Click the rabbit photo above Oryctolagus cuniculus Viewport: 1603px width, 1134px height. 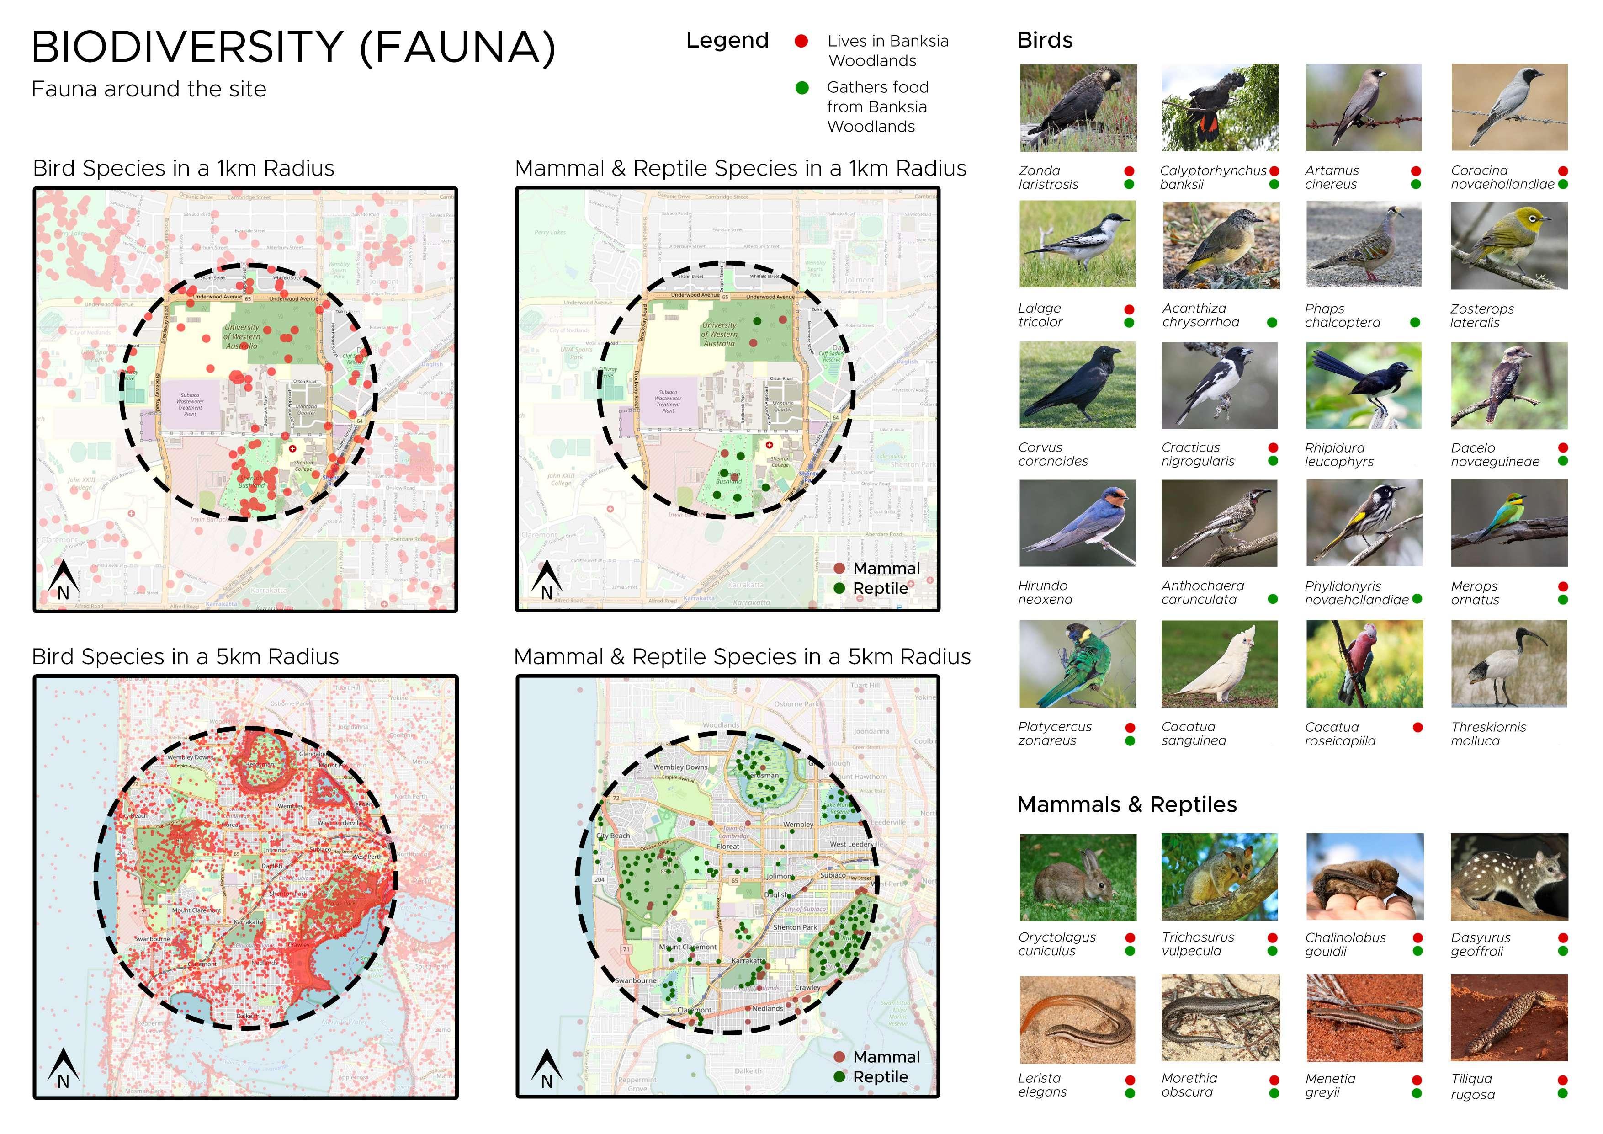1078,877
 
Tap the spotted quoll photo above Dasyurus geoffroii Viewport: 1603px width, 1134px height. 1509,877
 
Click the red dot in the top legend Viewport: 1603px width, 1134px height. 801,41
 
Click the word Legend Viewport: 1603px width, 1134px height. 727,41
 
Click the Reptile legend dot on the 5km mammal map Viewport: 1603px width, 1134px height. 839,1077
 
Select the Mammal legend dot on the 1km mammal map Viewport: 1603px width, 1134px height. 839,569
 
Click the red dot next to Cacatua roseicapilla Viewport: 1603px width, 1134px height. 1417,728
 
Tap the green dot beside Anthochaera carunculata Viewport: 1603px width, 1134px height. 1273,599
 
